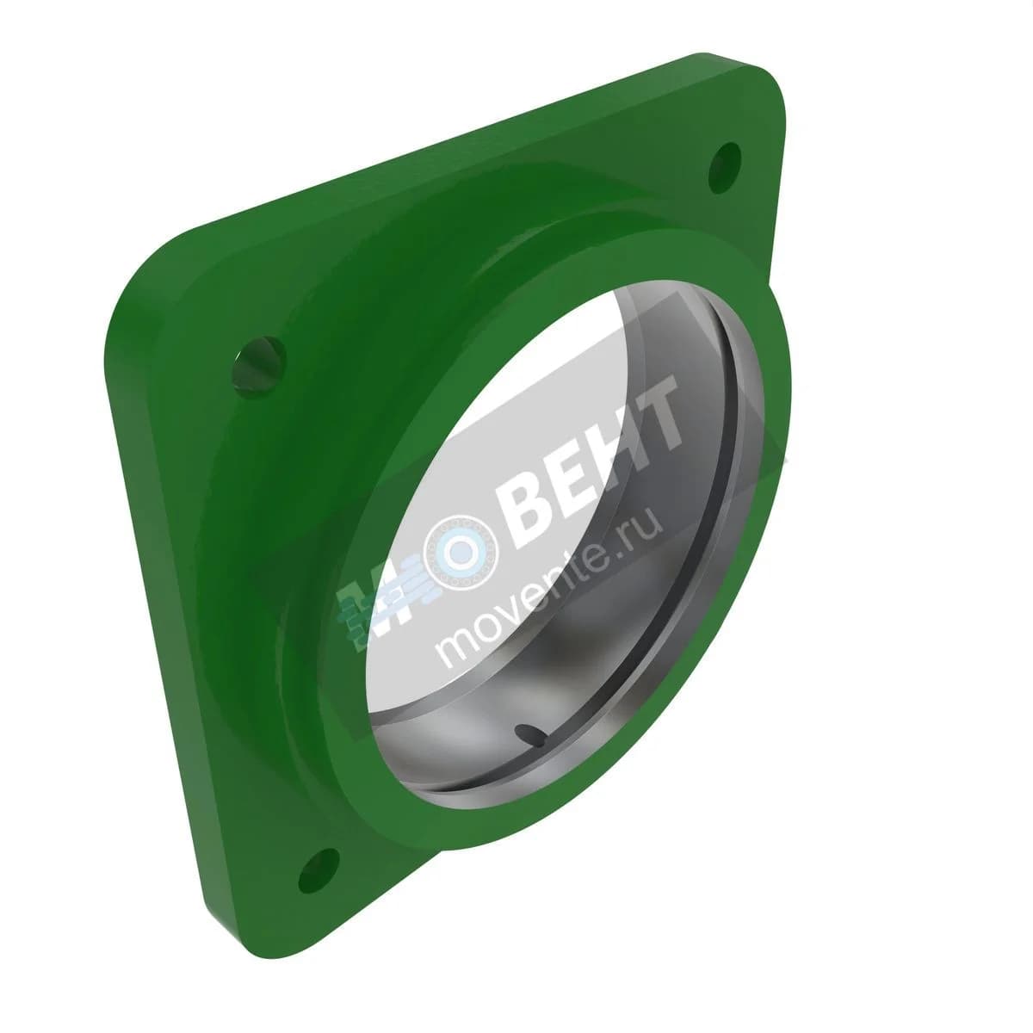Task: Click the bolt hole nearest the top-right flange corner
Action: (x=725, y=169)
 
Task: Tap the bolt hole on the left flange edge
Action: (x=259, y=367)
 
